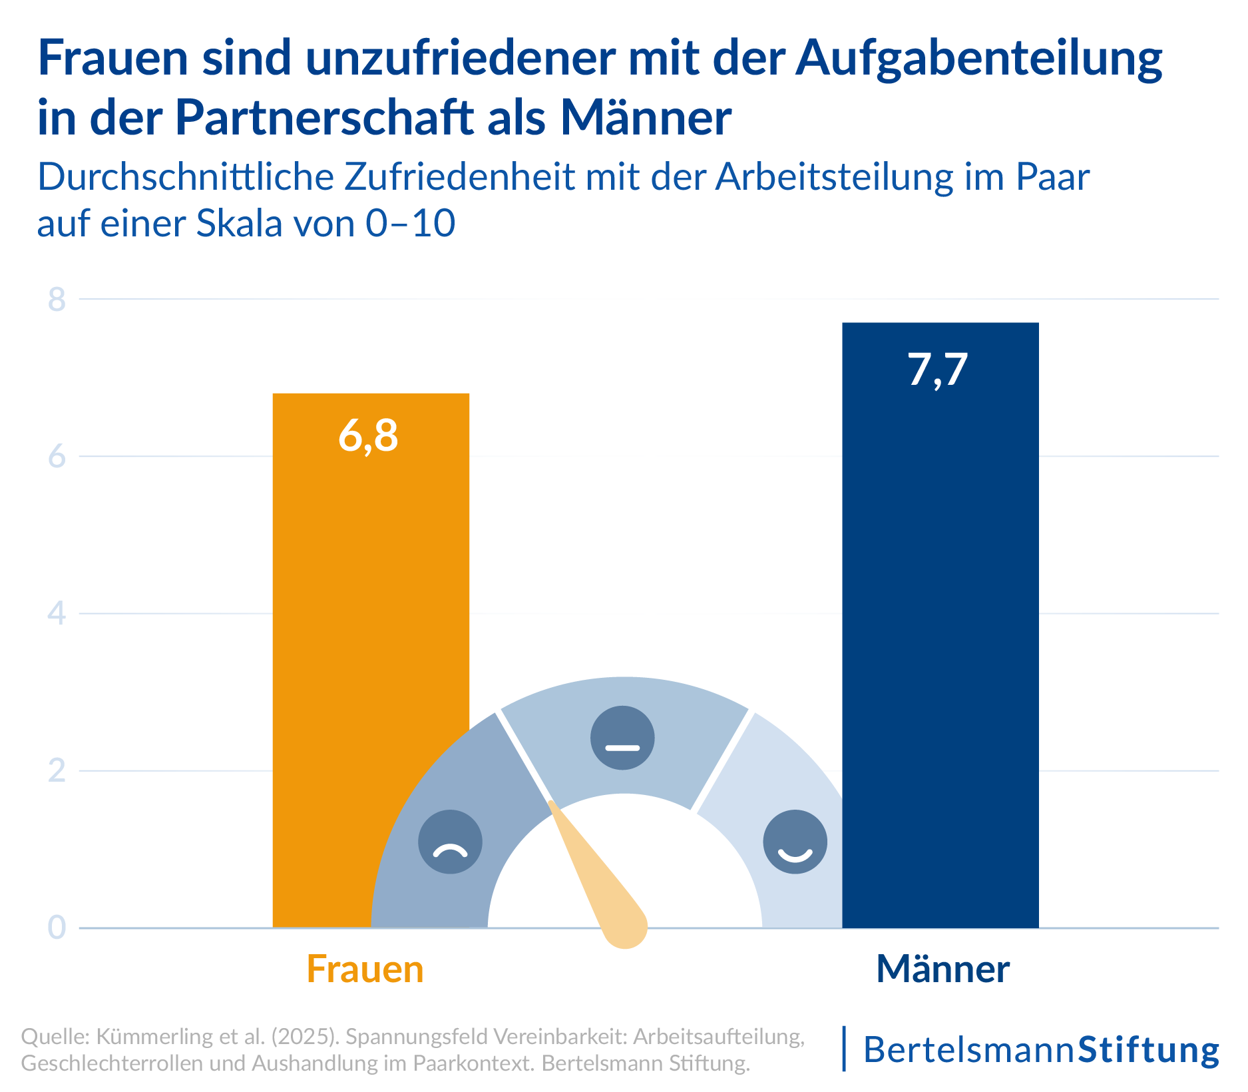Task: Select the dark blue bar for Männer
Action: (x=940, y=599)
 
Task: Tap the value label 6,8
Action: (x=368, y=437)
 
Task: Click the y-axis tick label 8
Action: (x=57, y=300)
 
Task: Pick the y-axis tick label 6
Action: (x=57, y=457)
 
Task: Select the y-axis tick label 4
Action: (x=57, y=613)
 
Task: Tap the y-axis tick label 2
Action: (x=57, y=770)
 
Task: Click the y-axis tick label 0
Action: (x=57, y=927)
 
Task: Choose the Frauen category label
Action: (x=365, y=969)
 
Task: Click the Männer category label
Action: (x=942, y=969)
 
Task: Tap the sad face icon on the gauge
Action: (x=450, y=842)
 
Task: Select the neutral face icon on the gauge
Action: (x=622, y=738)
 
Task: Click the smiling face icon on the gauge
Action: (x=795, y=842)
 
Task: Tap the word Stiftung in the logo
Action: (x=1148, y=1050)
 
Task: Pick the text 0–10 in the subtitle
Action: (x=411, y=224)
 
